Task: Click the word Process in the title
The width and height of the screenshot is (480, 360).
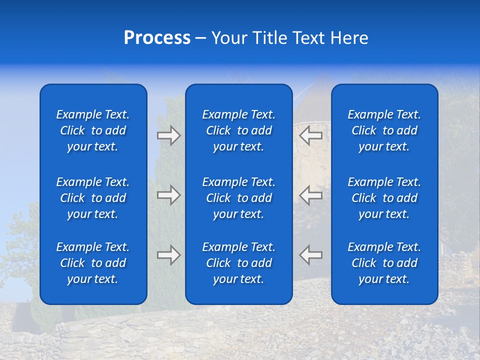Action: (x=157, y=38)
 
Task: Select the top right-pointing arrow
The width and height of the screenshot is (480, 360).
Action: (x=169, y=135)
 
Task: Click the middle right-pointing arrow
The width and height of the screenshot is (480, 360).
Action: (x=169, y=195)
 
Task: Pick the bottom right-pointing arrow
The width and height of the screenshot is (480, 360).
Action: (x=169, y=255)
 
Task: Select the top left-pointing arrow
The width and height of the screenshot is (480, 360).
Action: (x=310, y=135)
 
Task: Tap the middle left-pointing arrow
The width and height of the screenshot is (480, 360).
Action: (x=310, y=195)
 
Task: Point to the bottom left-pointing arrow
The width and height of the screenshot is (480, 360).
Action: (x=310, y=255)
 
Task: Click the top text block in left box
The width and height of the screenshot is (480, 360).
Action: (x=93, y=130)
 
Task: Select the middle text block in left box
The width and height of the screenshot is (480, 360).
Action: (x=93, y=198)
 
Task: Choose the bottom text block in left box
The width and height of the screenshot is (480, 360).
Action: (x=93, y=263)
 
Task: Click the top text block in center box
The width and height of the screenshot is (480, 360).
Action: (x=238, y=130)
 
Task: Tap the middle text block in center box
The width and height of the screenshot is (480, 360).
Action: (x=238, y=198)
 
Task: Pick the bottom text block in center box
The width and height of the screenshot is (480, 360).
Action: (x=238, y=263)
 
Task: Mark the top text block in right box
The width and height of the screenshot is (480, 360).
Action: (x=384, y=130)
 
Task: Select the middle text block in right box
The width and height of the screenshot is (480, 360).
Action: (x=384, y=198)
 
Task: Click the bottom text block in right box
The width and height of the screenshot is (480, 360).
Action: (x=384, y=263)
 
